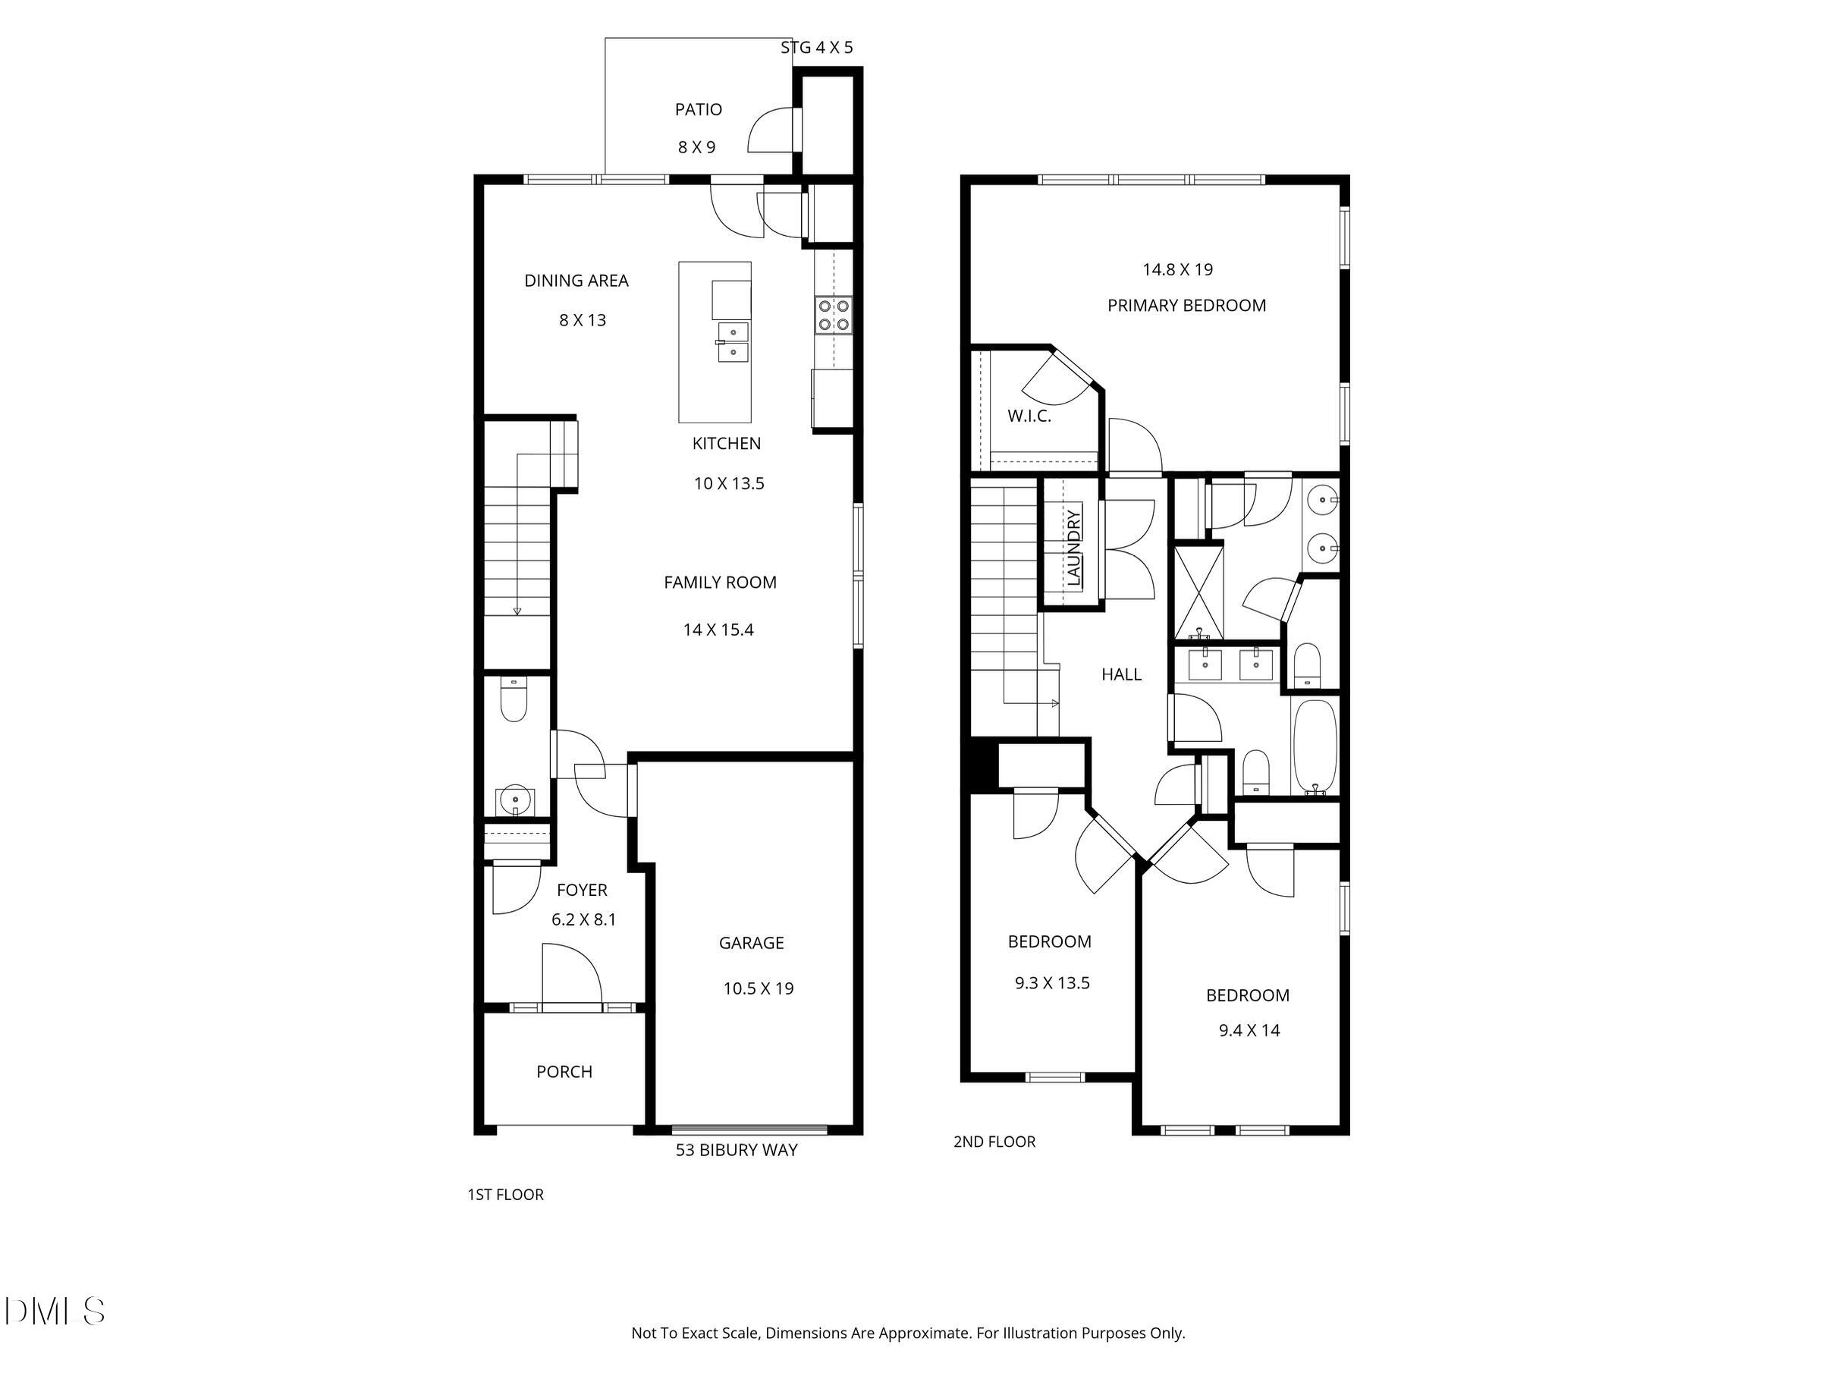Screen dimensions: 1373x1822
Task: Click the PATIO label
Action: coord(698,109)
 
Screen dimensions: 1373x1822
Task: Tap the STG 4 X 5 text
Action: coord(816,48)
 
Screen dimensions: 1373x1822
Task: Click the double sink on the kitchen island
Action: coord(732,342)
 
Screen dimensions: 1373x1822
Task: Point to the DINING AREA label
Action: coord(576,281)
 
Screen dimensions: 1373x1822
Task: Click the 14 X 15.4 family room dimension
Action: coord(718,630)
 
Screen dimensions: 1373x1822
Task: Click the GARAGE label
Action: coord(750,943)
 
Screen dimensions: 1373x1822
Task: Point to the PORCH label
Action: coord(564,1072)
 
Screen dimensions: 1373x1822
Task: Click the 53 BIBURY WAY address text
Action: coord(736,1151)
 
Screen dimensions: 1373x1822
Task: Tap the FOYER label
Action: coord(582,891)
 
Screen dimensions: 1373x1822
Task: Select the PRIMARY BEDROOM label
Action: coord(1186,306)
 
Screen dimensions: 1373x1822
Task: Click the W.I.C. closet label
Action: coord(1029,416)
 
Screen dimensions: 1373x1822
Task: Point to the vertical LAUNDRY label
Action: coord(1073,548)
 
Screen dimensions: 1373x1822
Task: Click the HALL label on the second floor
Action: coord(1121,674)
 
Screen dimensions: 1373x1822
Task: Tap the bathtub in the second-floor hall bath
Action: coord(1315,747)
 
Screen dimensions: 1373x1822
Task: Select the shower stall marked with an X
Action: coord(1198,592)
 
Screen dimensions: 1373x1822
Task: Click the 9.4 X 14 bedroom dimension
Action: coord(1249,1030)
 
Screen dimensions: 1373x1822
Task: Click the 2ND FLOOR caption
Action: coord(994,1142)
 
